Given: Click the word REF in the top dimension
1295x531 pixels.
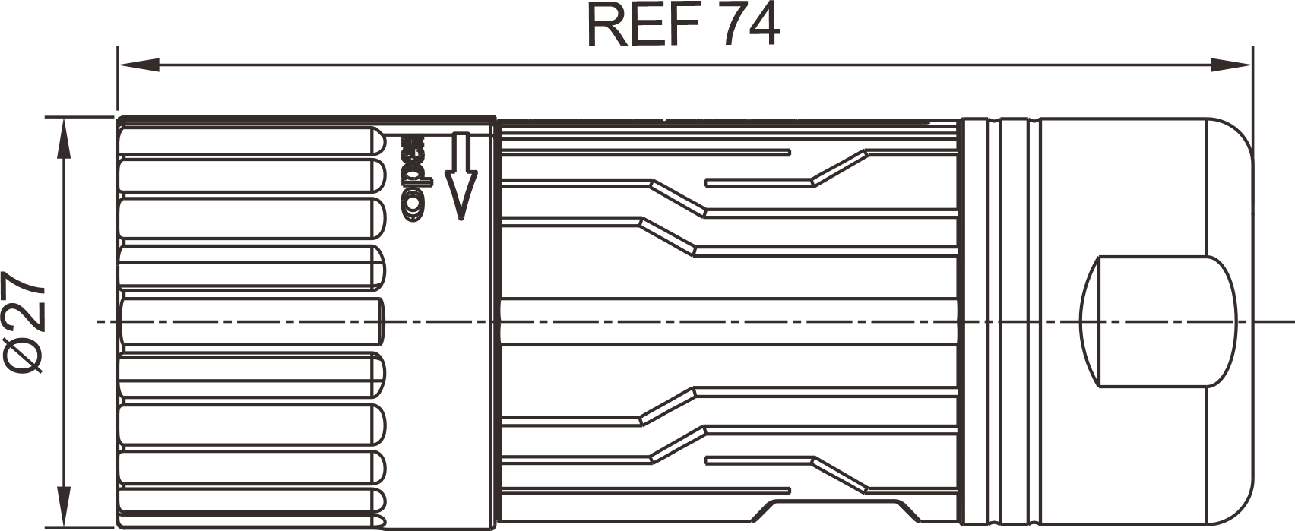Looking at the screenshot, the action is pos(645,27).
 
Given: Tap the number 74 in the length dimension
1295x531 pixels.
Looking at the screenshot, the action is pos(749,27).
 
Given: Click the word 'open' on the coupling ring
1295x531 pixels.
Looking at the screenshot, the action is pos(414,178).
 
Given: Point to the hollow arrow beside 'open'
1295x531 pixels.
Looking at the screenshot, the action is pos(461,176).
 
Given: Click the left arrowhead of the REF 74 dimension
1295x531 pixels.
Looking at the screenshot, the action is pos(139,65).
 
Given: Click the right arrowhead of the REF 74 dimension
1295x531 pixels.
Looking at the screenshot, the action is pos(1231,65).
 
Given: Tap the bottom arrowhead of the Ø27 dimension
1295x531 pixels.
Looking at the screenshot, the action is pos(64,507).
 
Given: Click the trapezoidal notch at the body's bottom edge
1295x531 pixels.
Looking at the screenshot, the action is pos(836,510).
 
